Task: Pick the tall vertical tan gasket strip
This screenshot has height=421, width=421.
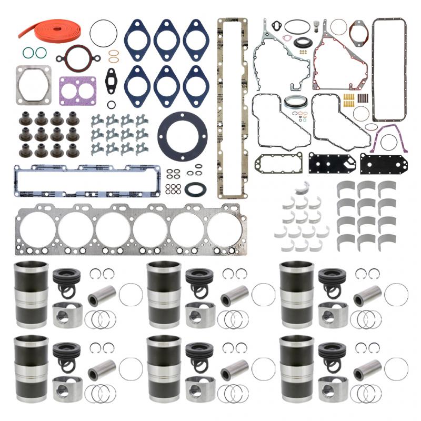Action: coord(232,105)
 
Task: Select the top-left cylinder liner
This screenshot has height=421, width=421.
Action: coord(31,295)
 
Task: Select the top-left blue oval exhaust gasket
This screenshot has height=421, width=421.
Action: coord(137,39)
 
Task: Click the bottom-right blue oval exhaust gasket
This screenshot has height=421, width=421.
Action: coord(195,86)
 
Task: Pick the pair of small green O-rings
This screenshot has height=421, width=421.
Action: coord(34,52)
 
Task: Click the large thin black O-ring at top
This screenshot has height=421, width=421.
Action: coord(103,33)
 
